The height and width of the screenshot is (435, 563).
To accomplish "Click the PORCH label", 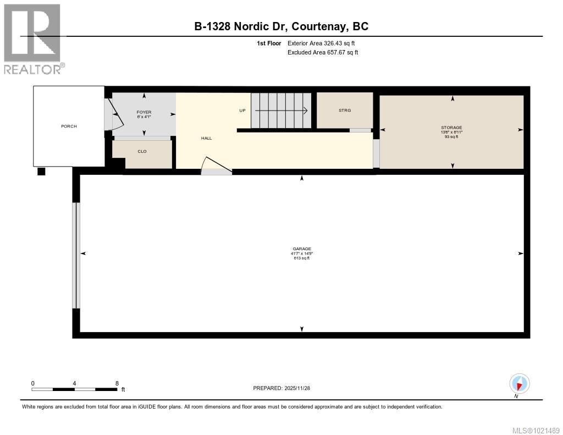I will (x=69, y=126).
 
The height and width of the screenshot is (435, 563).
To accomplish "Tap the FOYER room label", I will (x=144, y=112).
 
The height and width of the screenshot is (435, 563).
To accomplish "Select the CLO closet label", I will (x=142, y=151).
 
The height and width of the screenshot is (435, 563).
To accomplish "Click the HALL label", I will (x=206, y=138).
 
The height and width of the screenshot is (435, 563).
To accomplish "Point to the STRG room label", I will (x=345, y=110).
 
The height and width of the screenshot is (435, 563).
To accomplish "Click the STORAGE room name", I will (x=451, y=128).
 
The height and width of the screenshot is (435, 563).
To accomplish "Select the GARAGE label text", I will (x=302, y=249).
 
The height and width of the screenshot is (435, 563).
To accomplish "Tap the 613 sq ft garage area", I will (x=302, y=258).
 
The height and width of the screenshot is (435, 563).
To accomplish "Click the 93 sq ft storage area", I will (x=451, y=137).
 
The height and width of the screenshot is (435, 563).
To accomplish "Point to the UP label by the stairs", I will (x=242, y=111).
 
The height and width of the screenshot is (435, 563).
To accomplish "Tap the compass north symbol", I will (x=519, y=384).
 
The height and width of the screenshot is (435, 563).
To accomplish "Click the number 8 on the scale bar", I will (x=117, y=383).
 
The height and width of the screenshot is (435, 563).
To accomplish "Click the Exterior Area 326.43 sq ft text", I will (x=317, y=43).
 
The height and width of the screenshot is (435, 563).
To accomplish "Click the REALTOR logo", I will (x=33, y=38).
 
